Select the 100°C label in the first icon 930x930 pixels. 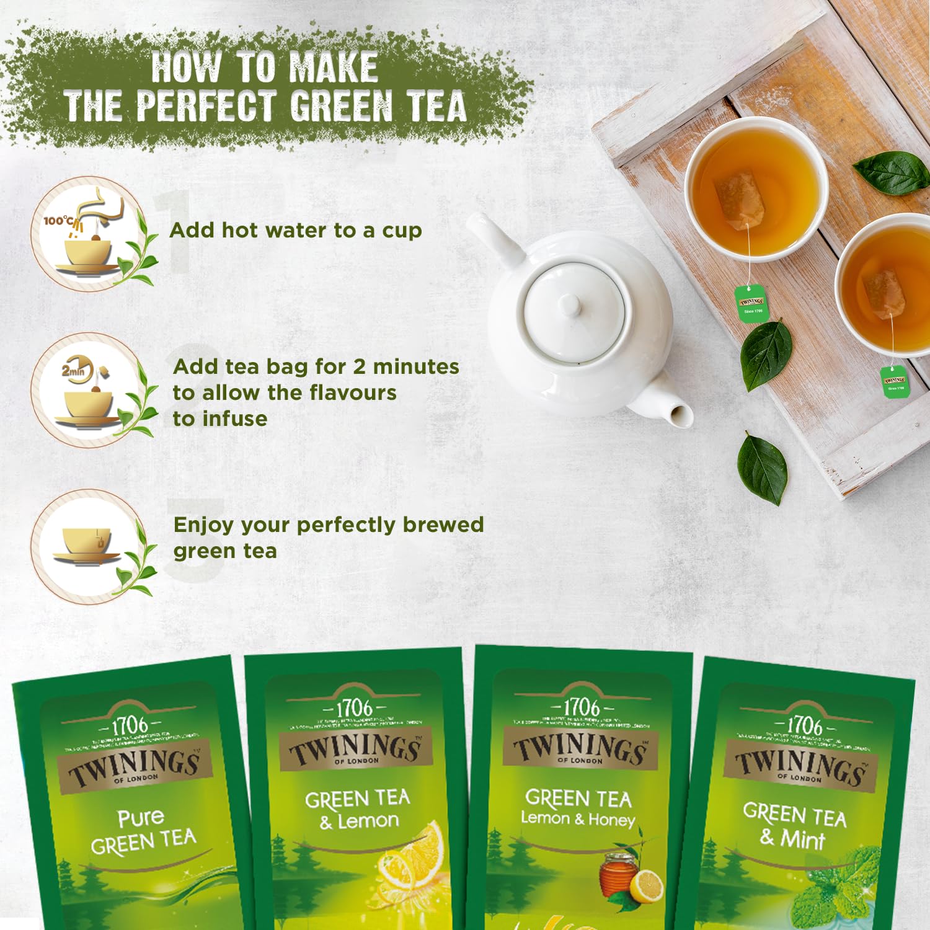click(x=58, y=221)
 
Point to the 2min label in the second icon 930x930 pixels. click(x=73, y=371)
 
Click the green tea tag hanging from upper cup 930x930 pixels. click(x=751, y=303)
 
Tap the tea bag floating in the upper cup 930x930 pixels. click(x=740, y=200)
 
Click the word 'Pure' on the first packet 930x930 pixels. click(x=141, y=818)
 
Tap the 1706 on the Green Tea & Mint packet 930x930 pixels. click(x=804, y=725)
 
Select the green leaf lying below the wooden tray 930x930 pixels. click(x=762, y=467)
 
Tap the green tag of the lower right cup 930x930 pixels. click(x=894, y=381)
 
